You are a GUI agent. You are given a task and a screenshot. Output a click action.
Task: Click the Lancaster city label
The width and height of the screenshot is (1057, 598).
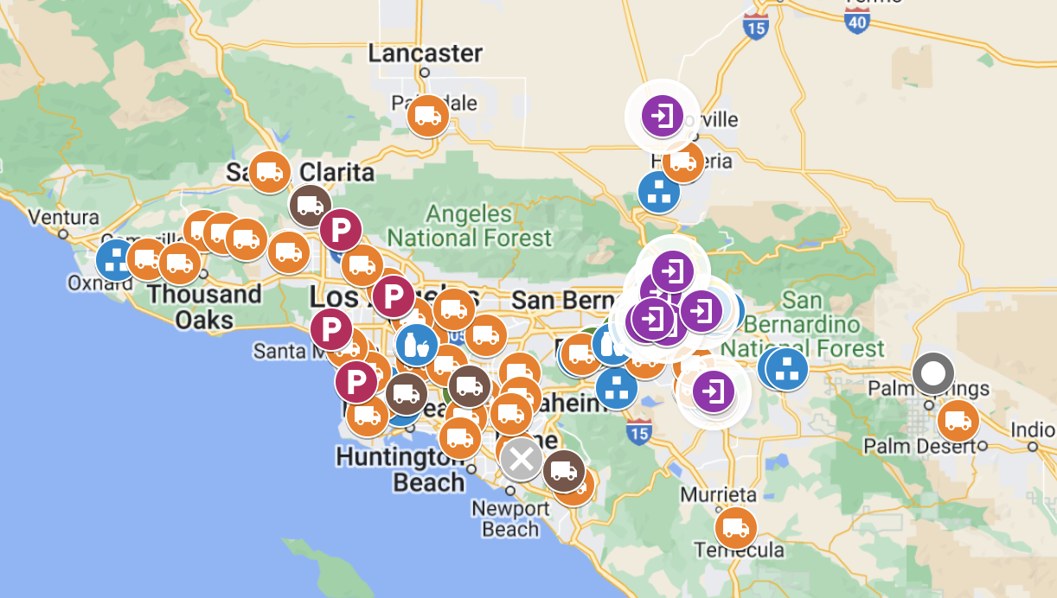point(425,53)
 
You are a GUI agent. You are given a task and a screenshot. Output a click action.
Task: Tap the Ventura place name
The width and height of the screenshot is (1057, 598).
point(63,218)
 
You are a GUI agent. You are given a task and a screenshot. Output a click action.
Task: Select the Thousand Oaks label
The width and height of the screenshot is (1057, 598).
point(204,306)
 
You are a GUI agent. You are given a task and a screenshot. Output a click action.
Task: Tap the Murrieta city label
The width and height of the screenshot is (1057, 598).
point(718,495)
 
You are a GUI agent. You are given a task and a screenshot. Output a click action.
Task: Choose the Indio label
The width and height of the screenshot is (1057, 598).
point(1033,430)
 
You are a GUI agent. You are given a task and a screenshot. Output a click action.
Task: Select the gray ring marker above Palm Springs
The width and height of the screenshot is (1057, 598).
point(932,374)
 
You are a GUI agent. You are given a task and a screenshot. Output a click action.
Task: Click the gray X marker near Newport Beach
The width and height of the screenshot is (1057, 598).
point(521,459)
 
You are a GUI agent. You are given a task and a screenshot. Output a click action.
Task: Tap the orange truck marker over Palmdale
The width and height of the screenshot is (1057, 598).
point(427,116)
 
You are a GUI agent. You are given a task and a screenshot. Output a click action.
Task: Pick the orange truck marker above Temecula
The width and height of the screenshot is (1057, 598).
point(735,527)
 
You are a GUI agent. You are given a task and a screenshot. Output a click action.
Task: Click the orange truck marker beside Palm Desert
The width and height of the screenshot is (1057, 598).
point(958,421)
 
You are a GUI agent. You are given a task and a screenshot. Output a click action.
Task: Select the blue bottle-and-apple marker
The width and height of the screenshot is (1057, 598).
point(417,344)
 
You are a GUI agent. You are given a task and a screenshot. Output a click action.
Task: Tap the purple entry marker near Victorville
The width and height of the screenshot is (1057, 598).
point(663,115)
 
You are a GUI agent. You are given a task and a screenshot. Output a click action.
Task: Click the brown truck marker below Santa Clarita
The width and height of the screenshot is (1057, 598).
point(310,206)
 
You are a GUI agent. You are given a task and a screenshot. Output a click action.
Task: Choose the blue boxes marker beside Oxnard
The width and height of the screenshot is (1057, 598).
point(115,258)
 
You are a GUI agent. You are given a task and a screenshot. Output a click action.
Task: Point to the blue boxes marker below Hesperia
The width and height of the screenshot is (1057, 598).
point(659,192)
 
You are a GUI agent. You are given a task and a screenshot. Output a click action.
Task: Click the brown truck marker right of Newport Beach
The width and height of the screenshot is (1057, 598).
point(564,471)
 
